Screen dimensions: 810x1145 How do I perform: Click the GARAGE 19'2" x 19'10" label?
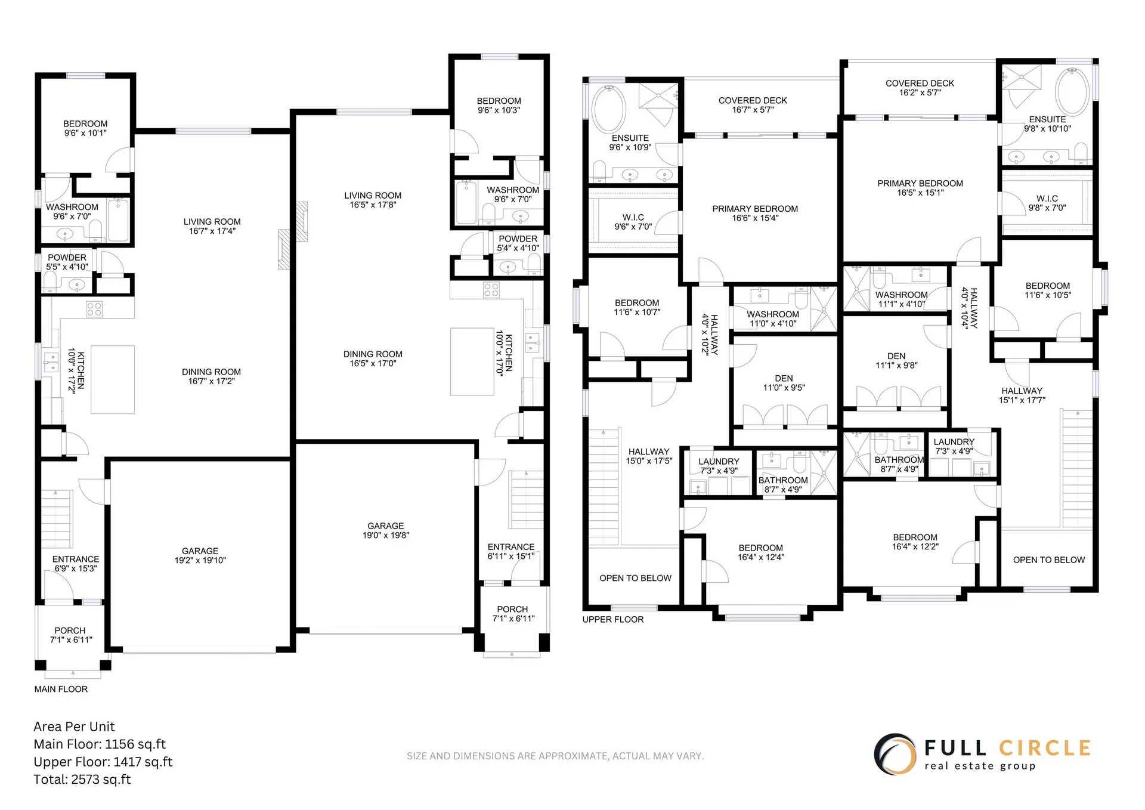[200, 555]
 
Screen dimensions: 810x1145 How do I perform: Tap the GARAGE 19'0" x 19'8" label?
[385, 530]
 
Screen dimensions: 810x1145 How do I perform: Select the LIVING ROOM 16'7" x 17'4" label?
[212, 226]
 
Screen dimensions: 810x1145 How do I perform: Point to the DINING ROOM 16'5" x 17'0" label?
[373, 358]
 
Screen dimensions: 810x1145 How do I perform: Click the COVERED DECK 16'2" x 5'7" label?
[920, 88]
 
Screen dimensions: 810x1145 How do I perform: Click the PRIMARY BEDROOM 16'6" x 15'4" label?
[755, 213]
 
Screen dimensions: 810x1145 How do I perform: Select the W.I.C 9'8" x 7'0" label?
[1047, 203]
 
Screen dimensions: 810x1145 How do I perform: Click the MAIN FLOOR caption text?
[61, 689]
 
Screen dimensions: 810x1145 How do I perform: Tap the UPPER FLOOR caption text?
[613, 619]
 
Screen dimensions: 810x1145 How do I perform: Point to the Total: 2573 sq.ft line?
[82, 779]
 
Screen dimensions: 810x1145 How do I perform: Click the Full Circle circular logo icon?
[895, 755]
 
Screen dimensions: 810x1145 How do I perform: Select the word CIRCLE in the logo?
[1045, 748]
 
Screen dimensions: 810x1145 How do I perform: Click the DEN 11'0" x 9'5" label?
[784, 383]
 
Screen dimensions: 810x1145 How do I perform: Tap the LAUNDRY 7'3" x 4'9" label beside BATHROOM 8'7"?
[719, 466]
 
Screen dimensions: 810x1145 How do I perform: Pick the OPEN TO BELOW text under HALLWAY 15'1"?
[1048, 559]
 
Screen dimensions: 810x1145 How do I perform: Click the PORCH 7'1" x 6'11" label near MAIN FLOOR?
[70, 635]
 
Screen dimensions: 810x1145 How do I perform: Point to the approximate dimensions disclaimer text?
[555, 756]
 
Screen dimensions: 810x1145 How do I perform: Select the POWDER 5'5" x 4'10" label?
[67, 262]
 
